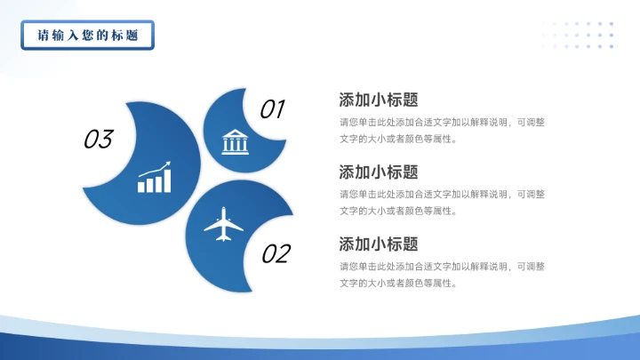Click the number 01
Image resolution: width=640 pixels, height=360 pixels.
(x=272, y=109)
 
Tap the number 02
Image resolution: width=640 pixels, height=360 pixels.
(x=276, y=254)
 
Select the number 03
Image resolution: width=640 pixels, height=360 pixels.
(x=98, y=139)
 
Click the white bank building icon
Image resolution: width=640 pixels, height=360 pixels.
(x=236, y=140)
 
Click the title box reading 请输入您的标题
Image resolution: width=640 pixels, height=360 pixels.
(x=87, y=36)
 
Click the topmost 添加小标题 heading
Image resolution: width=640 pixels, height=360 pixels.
(x=379, y=100)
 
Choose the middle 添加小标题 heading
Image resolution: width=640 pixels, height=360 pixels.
(x=379, y=172)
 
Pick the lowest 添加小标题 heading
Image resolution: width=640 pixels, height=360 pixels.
(x=379, y=244)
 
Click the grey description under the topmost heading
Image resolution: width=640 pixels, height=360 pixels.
(x=442, y=130)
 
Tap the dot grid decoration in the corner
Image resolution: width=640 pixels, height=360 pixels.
(x=583, y=35)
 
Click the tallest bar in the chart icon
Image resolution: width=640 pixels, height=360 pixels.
(x=167, y=180)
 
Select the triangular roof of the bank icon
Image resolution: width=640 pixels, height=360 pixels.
(x=236, y=132)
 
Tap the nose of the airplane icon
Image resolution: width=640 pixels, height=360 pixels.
(x=224, y=210)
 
